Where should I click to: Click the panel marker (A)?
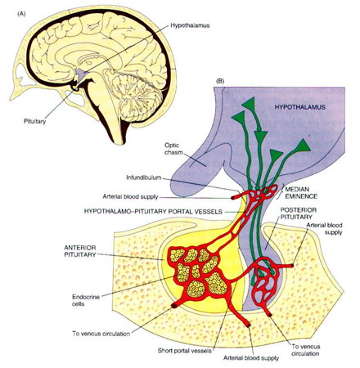point(21,14)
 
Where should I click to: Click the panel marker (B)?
point(220,81)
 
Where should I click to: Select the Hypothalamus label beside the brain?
point(190,25)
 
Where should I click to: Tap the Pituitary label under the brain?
point(34,121)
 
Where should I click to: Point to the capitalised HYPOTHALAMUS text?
point(299,107)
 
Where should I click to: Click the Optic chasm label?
point(173,149)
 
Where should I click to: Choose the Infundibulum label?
point(144,177)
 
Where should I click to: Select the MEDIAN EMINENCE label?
point(301,192)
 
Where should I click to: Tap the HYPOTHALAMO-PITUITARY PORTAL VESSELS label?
point(153,212)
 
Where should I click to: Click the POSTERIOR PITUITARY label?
point(299,213)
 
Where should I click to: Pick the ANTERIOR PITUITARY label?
point(80,251)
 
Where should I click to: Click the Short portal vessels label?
point(184,351)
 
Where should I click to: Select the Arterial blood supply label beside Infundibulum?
point(130,196)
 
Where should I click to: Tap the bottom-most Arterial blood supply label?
point(251,358)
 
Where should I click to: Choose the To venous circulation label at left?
point(101,334)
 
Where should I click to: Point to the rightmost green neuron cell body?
point(304,146)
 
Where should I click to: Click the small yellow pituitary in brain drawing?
point(74,88)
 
